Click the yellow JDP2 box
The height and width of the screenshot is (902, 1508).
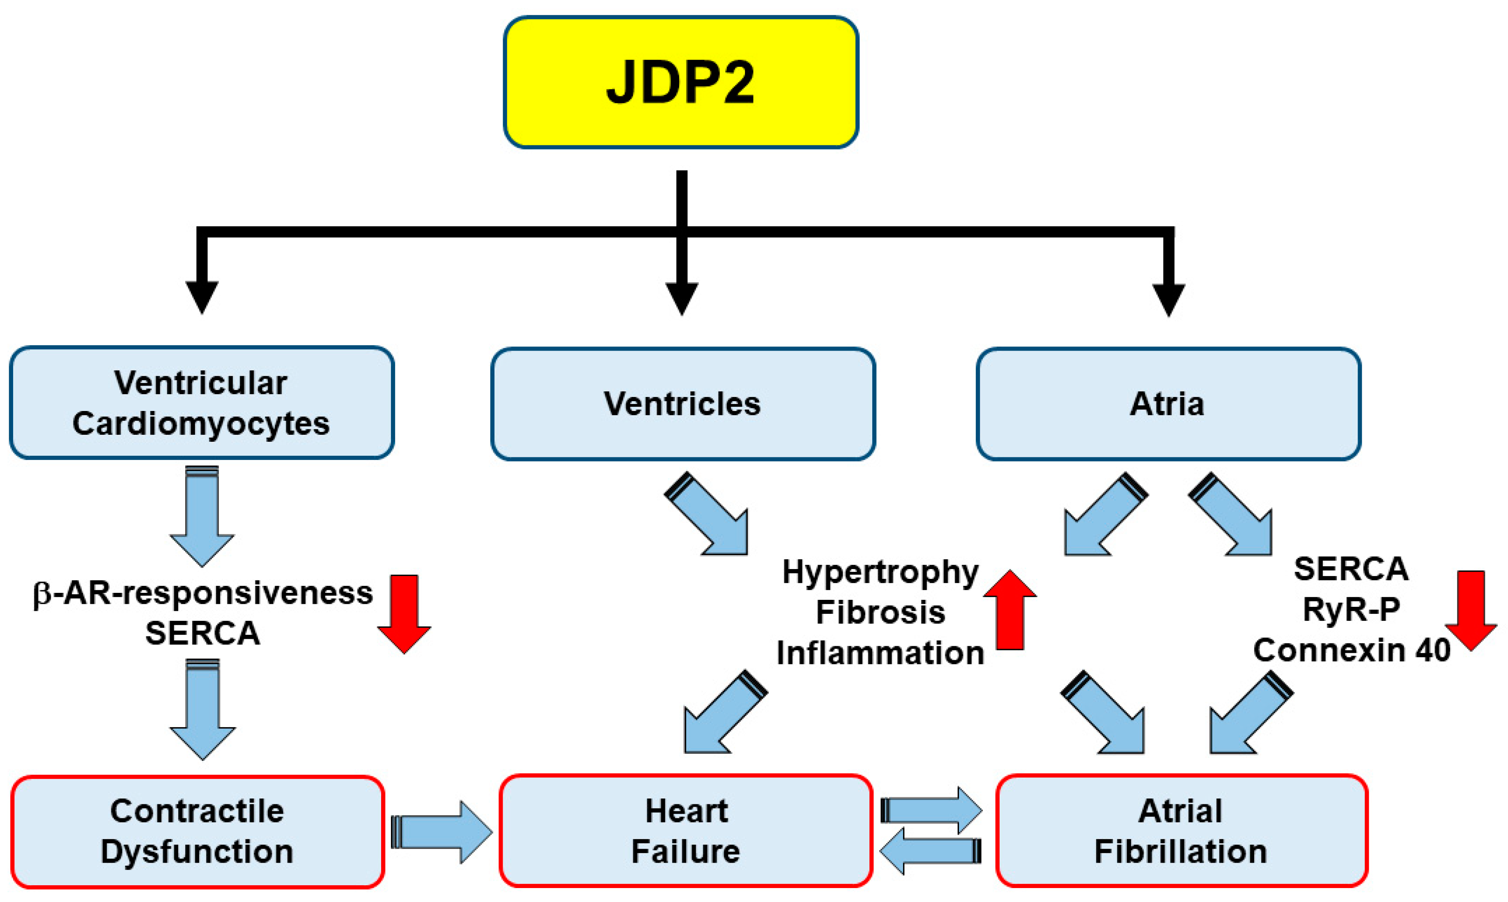pos(681,82)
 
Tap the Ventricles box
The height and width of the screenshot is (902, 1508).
pos(683,404)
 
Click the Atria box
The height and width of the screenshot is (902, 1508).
pos(1168,404)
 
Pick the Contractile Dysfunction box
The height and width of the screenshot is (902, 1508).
pos(198,831)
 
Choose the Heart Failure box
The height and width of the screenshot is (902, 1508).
pos(685,831)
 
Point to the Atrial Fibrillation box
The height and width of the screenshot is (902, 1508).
pos(1181,831)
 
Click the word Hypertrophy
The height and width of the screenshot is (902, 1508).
pos(880,572)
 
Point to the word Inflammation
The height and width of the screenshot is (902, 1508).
pos(880,653)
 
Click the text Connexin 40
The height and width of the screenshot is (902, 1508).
pos(1351,650)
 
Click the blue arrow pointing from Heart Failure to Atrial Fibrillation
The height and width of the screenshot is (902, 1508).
pos(931,810)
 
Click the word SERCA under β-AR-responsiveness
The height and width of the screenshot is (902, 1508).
pos(202,633)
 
